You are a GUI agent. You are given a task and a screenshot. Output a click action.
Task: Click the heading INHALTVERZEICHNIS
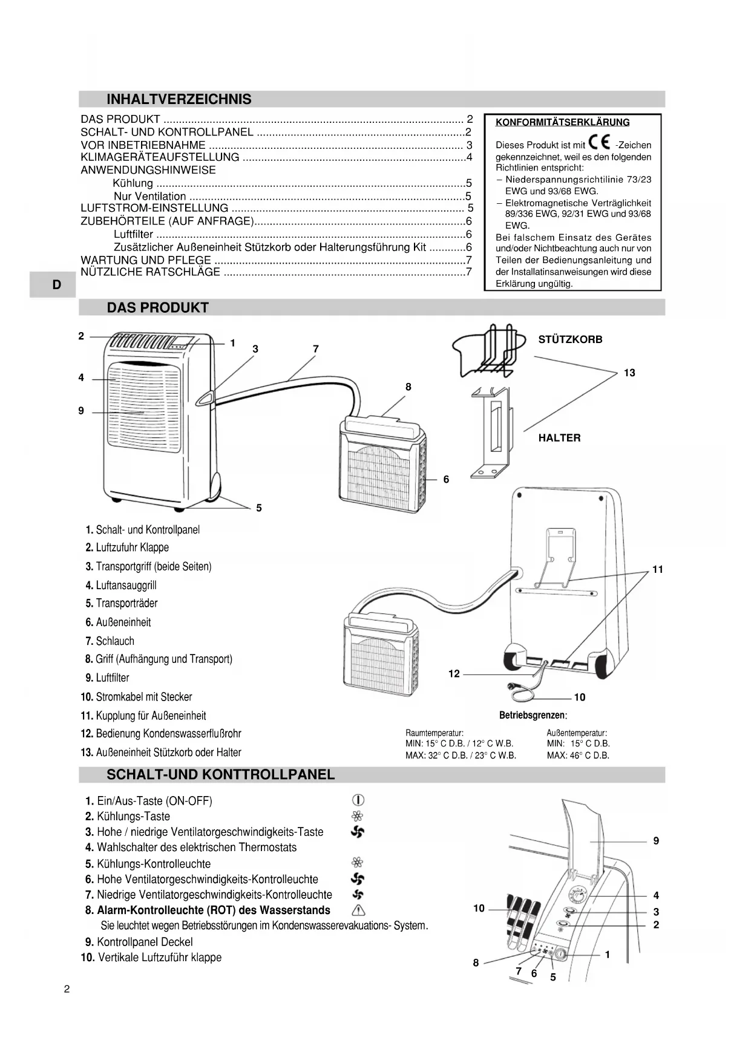pyautogui.click(x=179, y=99)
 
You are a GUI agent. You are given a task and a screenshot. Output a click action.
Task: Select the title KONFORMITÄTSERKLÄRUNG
pyautogui.click(x=562, y=122)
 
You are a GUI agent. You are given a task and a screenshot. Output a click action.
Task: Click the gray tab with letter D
pyautogui.click(x=56, y=285)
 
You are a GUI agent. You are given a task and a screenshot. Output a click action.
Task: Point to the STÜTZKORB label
pyautogui.click(x=570, y=339)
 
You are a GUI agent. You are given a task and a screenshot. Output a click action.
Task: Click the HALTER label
pyautogui.click(x=559, y=437)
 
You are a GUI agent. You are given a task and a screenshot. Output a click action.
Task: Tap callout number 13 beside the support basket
pyautogui.click(x=629, y=373)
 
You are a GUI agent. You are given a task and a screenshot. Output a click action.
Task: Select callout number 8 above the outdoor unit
pyautogui.click(x=408, y=387)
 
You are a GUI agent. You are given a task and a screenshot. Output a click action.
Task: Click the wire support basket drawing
pyautogui.click(x=488, y=351)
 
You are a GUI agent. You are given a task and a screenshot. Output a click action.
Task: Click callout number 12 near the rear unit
pyautogui.click(x=454, y=673)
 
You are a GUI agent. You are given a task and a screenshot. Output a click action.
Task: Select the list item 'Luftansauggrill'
pyautogui.click(x=126, y=585)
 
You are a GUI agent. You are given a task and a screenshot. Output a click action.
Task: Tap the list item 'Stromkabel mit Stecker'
pyautogui.click(x=143, y=696)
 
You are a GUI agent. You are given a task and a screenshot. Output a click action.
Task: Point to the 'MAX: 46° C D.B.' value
pyautogui.click(x=578, y=755)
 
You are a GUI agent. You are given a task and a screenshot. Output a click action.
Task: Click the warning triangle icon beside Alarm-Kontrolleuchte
pyautogui.click(x=358, y=910)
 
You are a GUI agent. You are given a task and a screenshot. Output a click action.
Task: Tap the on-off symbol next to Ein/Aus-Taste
pyautogui.click(x=358, y=800)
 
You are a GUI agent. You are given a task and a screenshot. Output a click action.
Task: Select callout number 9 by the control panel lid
pyautogui.click(x=656, y=841)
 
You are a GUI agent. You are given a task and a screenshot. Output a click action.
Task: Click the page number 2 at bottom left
pyautogui.click(x=67, y=990)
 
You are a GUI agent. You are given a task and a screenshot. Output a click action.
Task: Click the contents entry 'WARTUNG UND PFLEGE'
pyautogui.click(x=146, y=260)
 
